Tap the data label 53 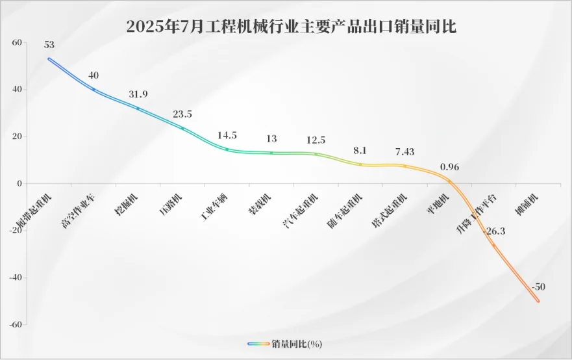pyautogui.click(x=49, y=45)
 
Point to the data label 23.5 pyautogui.click(x=182, y=114)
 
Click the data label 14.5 pyautogui.click(x=227, y=136)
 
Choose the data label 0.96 pyautogui.click(x=449, y=167)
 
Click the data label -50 pyautogui.click(x=538, y=287)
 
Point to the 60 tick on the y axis pyautogui.click(x=17, y=43)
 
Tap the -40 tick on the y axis pyautogui.click(x=15, y=277)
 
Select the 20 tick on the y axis pyautogui.click(x=17, y=136)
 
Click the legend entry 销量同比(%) pyautogui.click(x=286, y=343)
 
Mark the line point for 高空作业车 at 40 pyautogui.click(x=93, y=90)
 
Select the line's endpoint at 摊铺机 pyautogui.click(x=538, y=301)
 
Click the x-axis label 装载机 pyautogui.click(x=260, y=203)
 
